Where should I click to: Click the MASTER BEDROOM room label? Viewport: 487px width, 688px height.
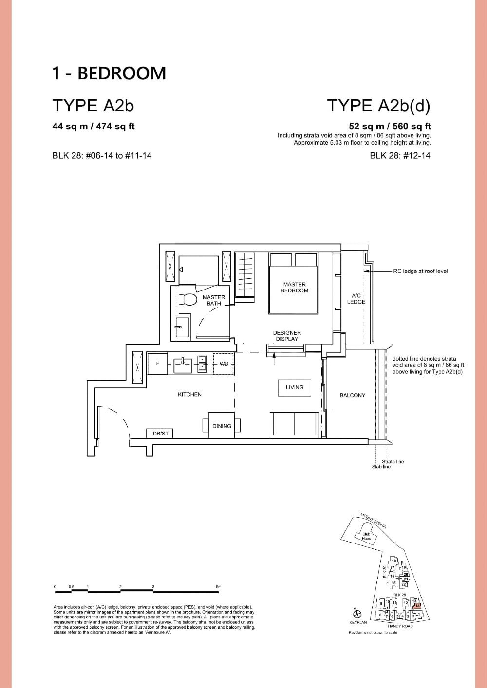pyautogui.click(x=294, y=288)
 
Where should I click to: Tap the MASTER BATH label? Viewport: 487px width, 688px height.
pyautogui.click(x=214, y=300)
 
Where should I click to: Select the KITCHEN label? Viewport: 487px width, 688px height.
pyautogui.click(x=189, y=394)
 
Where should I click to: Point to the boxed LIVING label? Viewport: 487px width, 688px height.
pyautogui.click(x=294, y=387)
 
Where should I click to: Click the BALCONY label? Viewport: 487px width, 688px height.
pyautogui.click(x=352, y=395)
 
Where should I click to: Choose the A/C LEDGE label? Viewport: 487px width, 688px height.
pyautogui.click(x=356, y=299)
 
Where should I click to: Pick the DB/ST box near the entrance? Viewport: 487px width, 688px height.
pyautogui.click(x=160, y=433)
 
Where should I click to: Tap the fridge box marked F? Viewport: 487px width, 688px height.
pyautogui.click(x=157, y=363)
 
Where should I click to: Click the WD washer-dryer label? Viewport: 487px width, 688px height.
pyautogui.click(x=224, y=363)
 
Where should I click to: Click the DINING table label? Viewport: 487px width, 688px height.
pyautogui.click(x=222, y=426)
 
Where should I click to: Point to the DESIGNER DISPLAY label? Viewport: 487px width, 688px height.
pyautogui.click(x=287, y=336)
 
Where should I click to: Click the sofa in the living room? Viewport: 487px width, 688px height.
pyautogui.click(x=295, y=423)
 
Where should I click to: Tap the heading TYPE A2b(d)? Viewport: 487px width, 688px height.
pyautogui.click(x=378, y=105)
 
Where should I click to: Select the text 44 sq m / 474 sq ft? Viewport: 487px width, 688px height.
pyautogui.click(x=94, y=127)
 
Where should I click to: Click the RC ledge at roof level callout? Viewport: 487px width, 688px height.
pyautogui.click(x=420, y=271)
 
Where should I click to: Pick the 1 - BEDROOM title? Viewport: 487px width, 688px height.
pyautogui.click(x=109, y=73)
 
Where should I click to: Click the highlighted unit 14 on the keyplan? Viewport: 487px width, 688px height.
pyautogui.click(x=417, y=606)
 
